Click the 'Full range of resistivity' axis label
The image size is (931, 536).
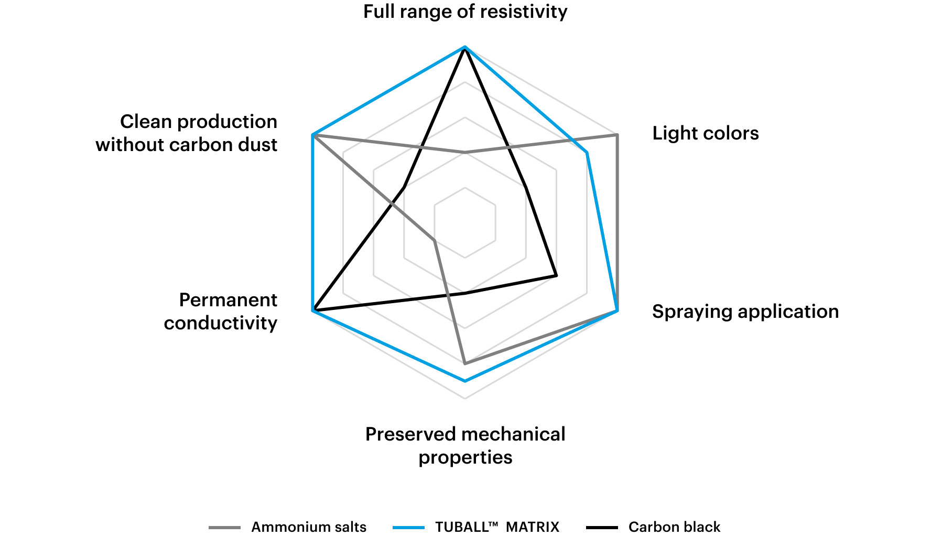click(x=465, y=12)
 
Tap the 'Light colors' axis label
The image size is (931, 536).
click(x=706, y=133)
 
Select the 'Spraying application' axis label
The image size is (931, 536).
click(x=745, y=312)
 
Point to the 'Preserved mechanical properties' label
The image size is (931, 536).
click(x=465, y=446)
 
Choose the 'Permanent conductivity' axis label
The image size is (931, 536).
click(x=221, y=312)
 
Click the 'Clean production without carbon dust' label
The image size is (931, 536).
click(x=186, y=133)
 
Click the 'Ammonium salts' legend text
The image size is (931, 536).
click(x=309, y=527)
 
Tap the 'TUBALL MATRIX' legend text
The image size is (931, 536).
click(x=497, y=527)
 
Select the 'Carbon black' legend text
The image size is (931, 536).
click(x=674, y=527)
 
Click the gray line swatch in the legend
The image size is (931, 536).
click(x=224, y=528)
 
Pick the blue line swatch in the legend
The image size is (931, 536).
click(x=408, y=528)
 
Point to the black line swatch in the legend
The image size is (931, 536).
click(x=602, y=528)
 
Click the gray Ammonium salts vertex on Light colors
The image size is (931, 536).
click(x=617, y=135)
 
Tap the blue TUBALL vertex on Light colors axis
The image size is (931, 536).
click(x=587, y=153)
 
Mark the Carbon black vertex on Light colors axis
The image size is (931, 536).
click(x=526, y=187)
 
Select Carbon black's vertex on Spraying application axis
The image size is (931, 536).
click(x=556, y=275)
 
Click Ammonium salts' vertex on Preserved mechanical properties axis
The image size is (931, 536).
click(x=465, y=363)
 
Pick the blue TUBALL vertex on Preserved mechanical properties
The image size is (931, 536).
click(x=465, y=381)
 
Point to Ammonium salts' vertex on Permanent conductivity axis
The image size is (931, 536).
click(x=435, y=241)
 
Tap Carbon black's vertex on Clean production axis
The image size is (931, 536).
click(x=404, y=187)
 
